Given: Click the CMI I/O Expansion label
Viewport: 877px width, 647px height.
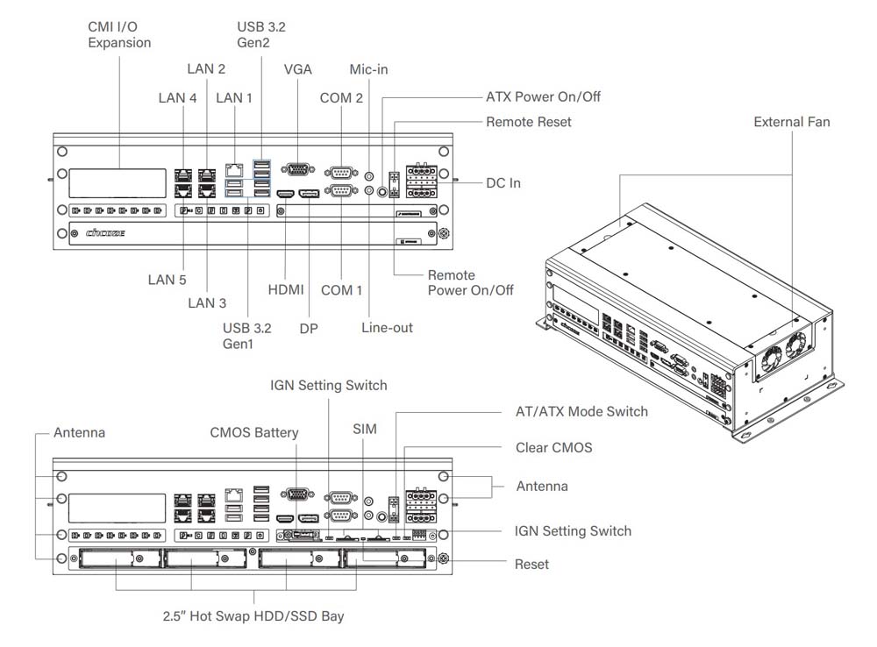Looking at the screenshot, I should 119,34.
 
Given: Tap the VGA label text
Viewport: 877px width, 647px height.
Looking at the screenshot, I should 298,69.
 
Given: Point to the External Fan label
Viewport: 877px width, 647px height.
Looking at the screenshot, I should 791,122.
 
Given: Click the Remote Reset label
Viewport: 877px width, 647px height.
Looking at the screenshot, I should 528,122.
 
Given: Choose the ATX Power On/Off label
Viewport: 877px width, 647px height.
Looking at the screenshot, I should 543,96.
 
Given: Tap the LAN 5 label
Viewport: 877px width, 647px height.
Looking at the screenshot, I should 167,280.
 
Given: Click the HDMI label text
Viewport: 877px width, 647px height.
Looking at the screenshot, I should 286,289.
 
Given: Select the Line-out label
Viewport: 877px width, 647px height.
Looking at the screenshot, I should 387,327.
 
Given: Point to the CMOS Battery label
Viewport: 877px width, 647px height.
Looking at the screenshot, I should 254,432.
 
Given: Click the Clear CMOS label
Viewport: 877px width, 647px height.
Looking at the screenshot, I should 553,447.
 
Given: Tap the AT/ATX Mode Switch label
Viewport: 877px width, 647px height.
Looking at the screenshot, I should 581,411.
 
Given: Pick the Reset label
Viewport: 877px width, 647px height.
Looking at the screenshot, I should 531,564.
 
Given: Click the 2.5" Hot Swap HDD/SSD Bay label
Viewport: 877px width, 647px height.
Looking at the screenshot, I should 253,615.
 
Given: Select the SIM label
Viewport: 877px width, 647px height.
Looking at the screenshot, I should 365,429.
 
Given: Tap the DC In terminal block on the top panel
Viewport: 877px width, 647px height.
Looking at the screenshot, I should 421,181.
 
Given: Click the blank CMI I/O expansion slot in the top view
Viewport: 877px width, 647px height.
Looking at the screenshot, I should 118,183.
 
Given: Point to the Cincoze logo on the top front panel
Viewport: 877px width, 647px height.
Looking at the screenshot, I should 104,233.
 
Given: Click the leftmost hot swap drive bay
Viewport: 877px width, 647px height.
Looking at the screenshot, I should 117,558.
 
